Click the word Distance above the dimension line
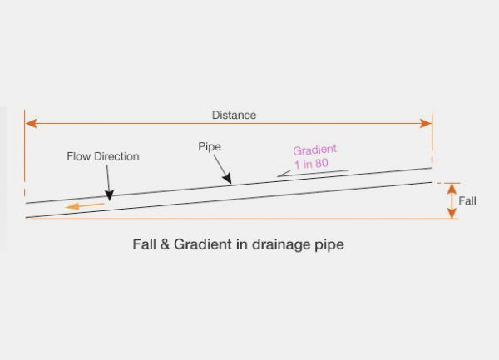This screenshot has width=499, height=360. [x=234, y=115]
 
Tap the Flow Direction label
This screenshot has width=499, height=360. [x=103, y=156]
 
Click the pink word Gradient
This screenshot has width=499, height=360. [x=314, y=150]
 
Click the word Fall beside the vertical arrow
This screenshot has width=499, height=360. [x=467, y=201]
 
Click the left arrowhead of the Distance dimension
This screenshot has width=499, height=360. [x=31, y=124]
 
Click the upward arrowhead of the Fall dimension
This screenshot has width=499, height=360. [x=452, y=187]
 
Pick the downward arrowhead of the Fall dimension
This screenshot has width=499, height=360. [x=452, y=214]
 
